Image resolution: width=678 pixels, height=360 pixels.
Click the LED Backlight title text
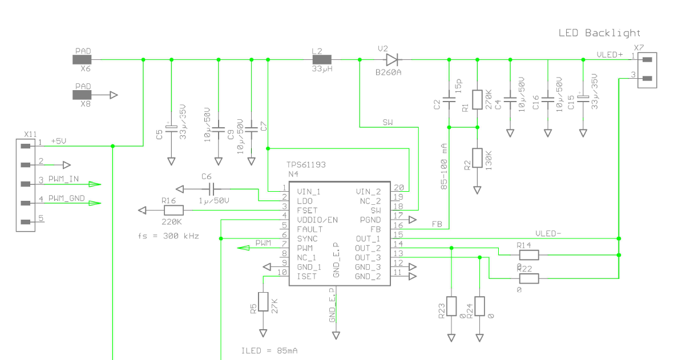(599, 33)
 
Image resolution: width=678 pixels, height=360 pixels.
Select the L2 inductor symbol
(322, 60)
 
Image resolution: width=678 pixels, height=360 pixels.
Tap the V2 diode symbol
(392, 60)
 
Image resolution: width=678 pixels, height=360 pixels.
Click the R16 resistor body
(173, 211)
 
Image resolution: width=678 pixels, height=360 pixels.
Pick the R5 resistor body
(263, 302)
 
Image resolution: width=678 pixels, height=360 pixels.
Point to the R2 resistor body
(477, 157)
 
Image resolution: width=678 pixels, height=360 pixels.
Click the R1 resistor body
(477, 99)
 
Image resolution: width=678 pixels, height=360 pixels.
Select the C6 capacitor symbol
(211, 189)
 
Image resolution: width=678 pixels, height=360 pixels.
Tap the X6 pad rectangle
(82, 60)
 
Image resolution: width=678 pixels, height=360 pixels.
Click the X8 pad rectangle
(82, 95)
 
